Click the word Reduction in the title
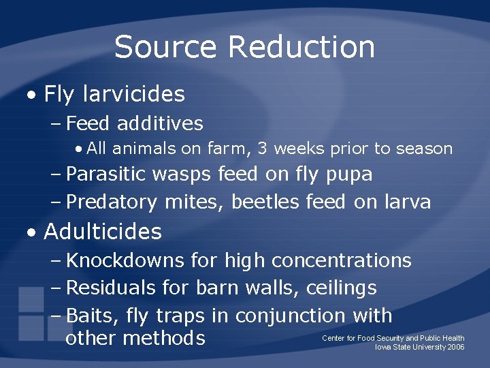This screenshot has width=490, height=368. (x=301, y=47)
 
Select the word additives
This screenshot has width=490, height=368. (x=160, y=123)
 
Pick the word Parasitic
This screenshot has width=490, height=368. (x=106, y=174)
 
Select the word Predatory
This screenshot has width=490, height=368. (x=112, y=202)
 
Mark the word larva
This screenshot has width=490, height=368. (x=406, y=202)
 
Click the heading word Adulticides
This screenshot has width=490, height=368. (x=103, y=232)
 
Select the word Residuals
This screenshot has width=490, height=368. (x=111, y=288)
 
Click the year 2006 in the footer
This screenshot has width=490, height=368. (x=456, y=347)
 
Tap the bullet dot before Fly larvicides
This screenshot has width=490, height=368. (x=32, y=95)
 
